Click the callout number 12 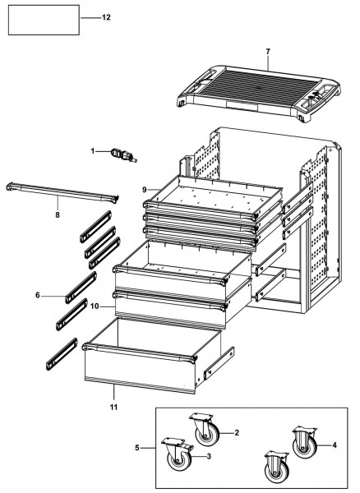click(x=106, y=17)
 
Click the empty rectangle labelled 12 click(x=44, y=20)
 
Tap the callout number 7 click(x=268, y=52)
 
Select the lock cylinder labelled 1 click(x=123, y=155)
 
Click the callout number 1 click(x=93, y=151)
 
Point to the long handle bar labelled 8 click(x=62, y=192)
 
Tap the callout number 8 click(x=58, y=215)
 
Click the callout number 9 click(x=145, y=190)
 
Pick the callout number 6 click(x=38, y=295)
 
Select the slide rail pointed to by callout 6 click(x=81, y=288)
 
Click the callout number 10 click(x=95, y=306)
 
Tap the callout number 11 click(x=113, y=408)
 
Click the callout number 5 click(x=137, y=448)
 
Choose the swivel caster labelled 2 click(x=204, y=429)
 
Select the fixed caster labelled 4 click(x=304, y=442)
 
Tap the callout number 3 click(x=209, y=456)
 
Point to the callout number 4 click(x=335, y=445)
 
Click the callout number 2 click(x=237, y=433)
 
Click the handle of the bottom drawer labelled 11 click(x=140, y=352)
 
